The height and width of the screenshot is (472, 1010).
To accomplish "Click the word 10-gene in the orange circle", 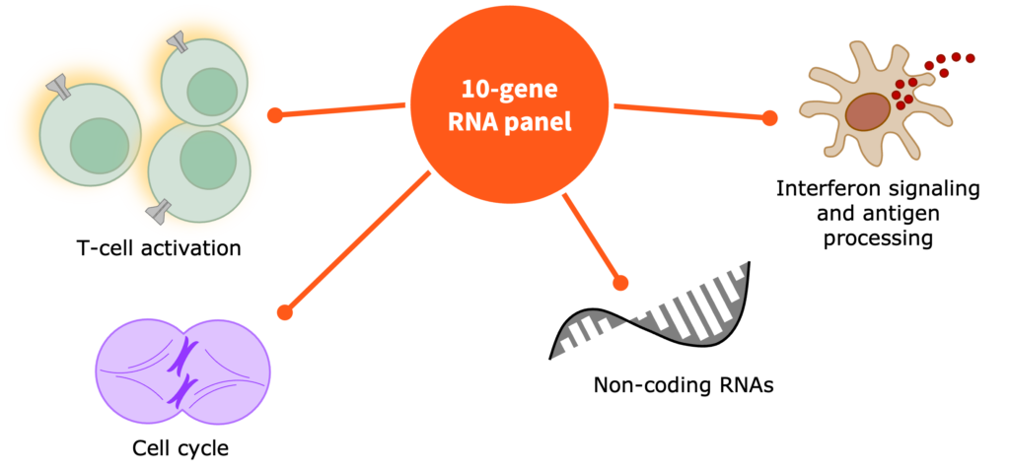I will click(509, 90).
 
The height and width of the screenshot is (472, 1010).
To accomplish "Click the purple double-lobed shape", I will click(182, 371).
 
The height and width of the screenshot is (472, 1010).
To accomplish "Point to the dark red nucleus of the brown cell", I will click(868, 111).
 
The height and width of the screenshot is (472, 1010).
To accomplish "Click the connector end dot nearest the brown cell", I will click(769, 118).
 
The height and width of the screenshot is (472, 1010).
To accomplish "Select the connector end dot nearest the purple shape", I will click(285, 312).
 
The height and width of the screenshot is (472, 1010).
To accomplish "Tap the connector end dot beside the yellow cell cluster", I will click(275, 115).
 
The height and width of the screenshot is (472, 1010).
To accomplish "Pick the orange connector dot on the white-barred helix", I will click(620, 284).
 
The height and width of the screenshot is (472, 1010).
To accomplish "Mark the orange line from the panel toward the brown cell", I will click(690, 110).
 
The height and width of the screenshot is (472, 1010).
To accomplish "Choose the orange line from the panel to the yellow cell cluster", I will click(340, 109).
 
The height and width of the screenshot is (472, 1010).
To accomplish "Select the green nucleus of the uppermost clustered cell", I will click(210, 92).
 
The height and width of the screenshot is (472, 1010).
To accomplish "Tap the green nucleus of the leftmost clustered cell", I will click(99, 145).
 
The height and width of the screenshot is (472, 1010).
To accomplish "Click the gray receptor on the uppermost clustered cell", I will click(179, 42).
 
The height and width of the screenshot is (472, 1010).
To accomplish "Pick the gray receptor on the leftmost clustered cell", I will click(57, 88).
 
